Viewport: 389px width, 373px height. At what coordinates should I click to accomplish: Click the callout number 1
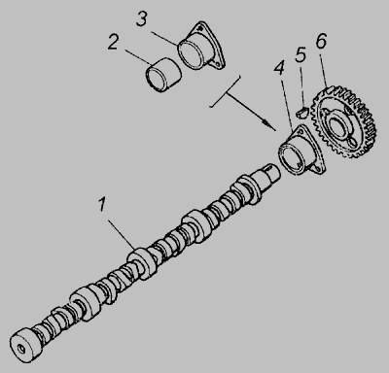[102, 205]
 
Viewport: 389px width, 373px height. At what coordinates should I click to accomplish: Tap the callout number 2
[113, 42]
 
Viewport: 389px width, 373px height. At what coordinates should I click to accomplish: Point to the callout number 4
[279, 68]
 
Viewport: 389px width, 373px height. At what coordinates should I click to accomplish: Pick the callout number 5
[301, 54]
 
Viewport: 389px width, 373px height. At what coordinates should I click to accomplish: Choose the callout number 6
[321, 41]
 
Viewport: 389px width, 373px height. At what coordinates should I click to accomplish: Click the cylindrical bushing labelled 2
[163, 75]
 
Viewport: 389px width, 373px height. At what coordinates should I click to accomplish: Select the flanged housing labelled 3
[201, 46]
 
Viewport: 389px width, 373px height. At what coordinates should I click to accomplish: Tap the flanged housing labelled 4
[302, 150]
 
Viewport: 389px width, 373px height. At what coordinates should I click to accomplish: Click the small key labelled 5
[302, 112]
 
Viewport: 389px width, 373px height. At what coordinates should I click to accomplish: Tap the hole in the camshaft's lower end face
[21, 349]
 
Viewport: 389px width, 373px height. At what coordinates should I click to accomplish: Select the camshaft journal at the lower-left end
[25, 345]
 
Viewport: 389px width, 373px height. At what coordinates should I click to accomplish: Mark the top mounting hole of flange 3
[201, 26]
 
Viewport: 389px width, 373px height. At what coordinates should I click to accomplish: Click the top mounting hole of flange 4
[301, 130]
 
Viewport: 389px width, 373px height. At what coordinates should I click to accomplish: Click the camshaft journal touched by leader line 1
[143, 262]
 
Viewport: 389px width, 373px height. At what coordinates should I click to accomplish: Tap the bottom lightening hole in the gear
[352, 142]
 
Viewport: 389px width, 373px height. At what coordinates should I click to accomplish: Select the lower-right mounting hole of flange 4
[318, 169]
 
